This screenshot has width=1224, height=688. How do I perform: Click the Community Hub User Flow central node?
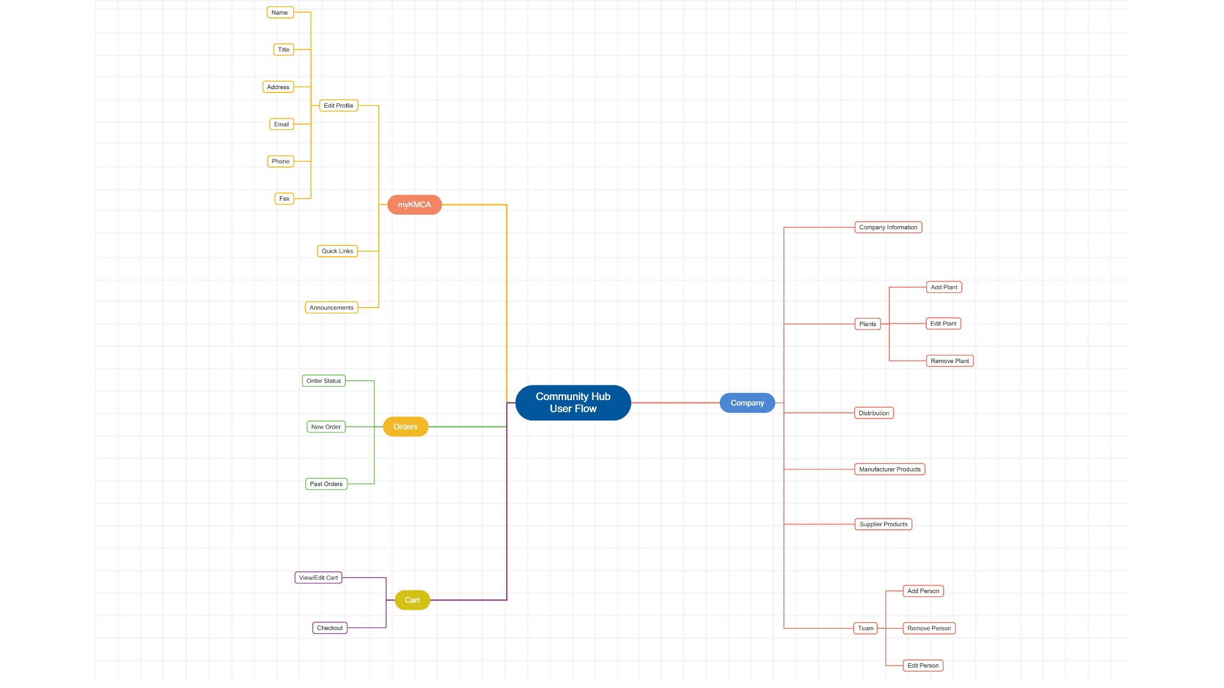point(572,403)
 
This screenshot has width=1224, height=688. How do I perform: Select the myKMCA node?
point(414,204)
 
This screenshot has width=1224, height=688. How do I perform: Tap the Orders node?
point(405,427)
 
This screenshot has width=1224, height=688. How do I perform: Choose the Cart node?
point(412,600)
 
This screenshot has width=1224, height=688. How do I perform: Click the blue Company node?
point(747,403)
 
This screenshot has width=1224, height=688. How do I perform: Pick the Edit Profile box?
point(338,106)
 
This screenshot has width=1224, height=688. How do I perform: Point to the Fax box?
point(284,199)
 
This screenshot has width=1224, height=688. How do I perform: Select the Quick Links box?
point(337,251)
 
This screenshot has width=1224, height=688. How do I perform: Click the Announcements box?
point(331,308)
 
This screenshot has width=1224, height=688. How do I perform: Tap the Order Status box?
point(324,381)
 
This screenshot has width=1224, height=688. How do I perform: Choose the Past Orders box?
point(326,484)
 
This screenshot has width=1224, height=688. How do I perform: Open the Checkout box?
point(330,628)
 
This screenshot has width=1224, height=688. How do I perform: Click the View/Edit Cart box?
point(318,578)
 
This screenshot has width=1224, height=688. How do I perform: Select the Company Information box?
point(888,227)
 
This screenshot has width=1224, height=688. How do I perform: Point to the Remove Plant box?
point(949,361)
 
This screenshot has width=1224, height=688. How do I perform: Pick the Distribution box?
point(873,413)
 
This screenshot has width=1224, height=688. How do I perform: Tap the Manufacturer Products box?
point(889,469)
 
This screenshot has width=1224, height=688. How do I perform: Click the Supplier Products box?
point(883,524)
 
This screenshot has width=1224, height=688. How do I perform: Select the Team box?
point(865,628)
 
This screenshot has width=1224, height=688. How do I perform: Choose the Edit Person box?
point(922,666)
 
